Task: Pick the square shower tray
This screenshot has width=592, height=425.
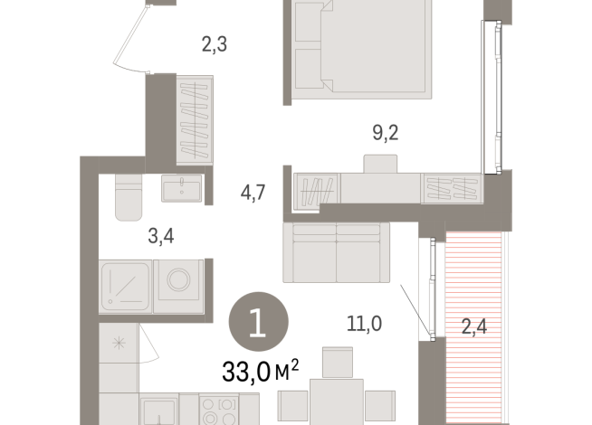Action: coord(125,286)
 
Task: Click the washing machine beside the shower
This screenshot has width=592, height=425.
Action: coord(178,286)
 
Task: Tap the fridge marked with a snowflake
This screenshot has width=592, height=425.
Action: coord(119,344)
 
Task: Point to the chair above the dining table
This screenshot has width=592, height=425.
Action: coord(337,364)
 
